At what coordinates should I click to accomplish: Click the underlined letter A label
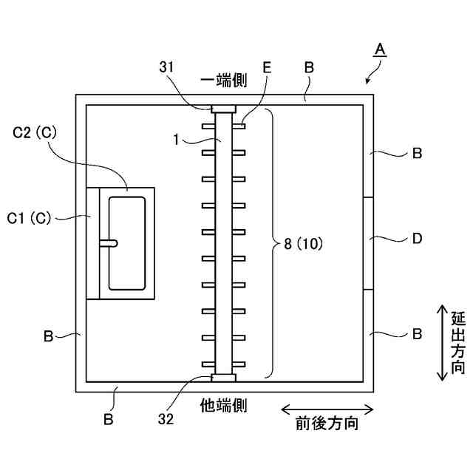(x=379, y=50)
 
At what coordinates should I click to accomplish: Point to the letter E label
(x=267, y=67)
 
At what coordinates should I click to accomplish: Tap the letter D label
(x=417, y=239)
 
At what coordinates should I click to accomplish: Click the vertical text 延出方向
(x=457, y=341)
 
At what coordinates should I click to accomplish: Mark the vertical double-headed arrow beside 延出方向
(x=441, y=341)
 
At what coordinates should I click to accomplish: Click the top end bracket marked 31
(x=223, y=109)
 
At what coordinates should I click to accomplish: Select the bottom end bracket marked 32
(x=223, y=378)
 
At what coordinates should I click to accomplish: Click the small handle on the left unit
(x=108, y=242)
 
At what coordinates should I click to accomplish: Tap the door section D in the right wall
(x=367, y=242)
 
